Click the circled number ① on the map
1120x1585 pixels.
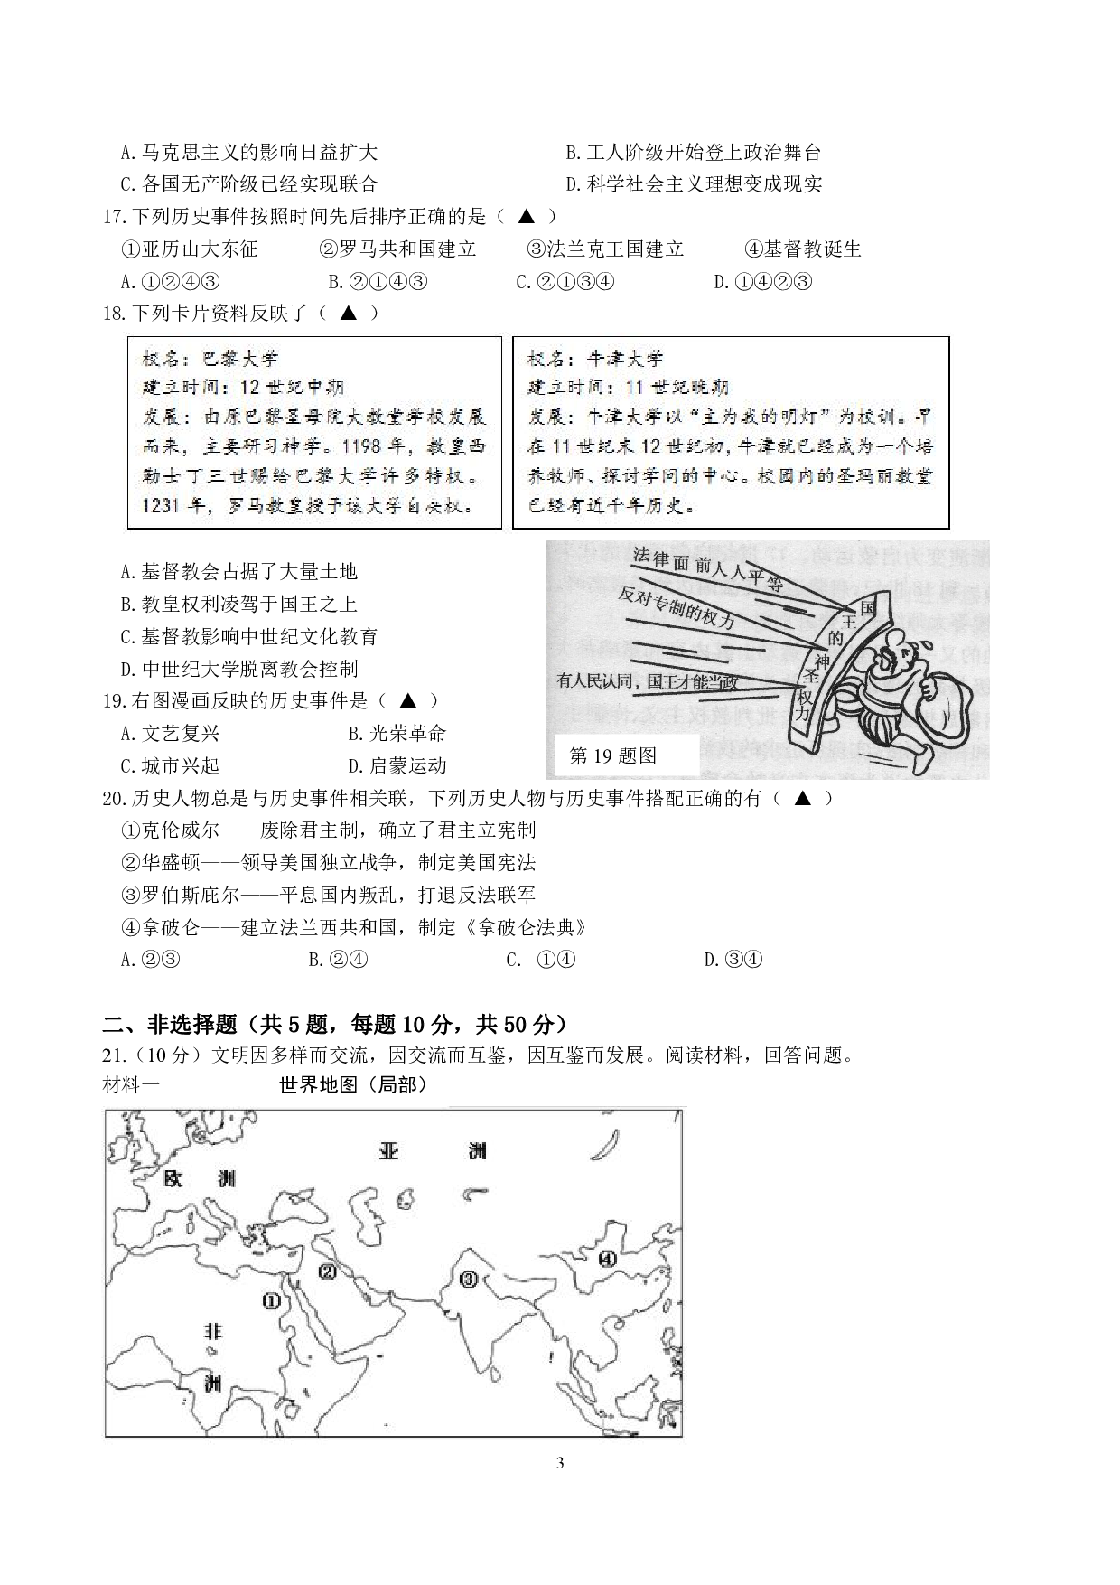point(271,1300)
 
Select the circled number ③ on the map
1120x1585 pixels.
point(468,1279)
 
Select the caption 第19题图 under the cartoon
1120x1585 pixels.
point(613,756)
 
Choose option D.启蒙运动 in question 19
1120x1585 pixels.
point(397,766)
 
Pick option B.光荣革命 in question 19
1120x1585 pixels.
point(397,734)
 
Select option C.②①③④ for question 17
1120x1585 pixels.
point(565,282)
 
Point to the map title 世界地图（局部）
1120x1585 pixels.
point(353,1085)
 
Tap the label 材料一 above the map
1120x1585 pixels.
point(132,1085)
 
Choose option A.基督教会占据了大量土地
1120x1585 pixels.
point(238,571)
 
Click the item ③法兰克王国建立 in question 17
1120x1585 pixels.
point(605,249)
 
